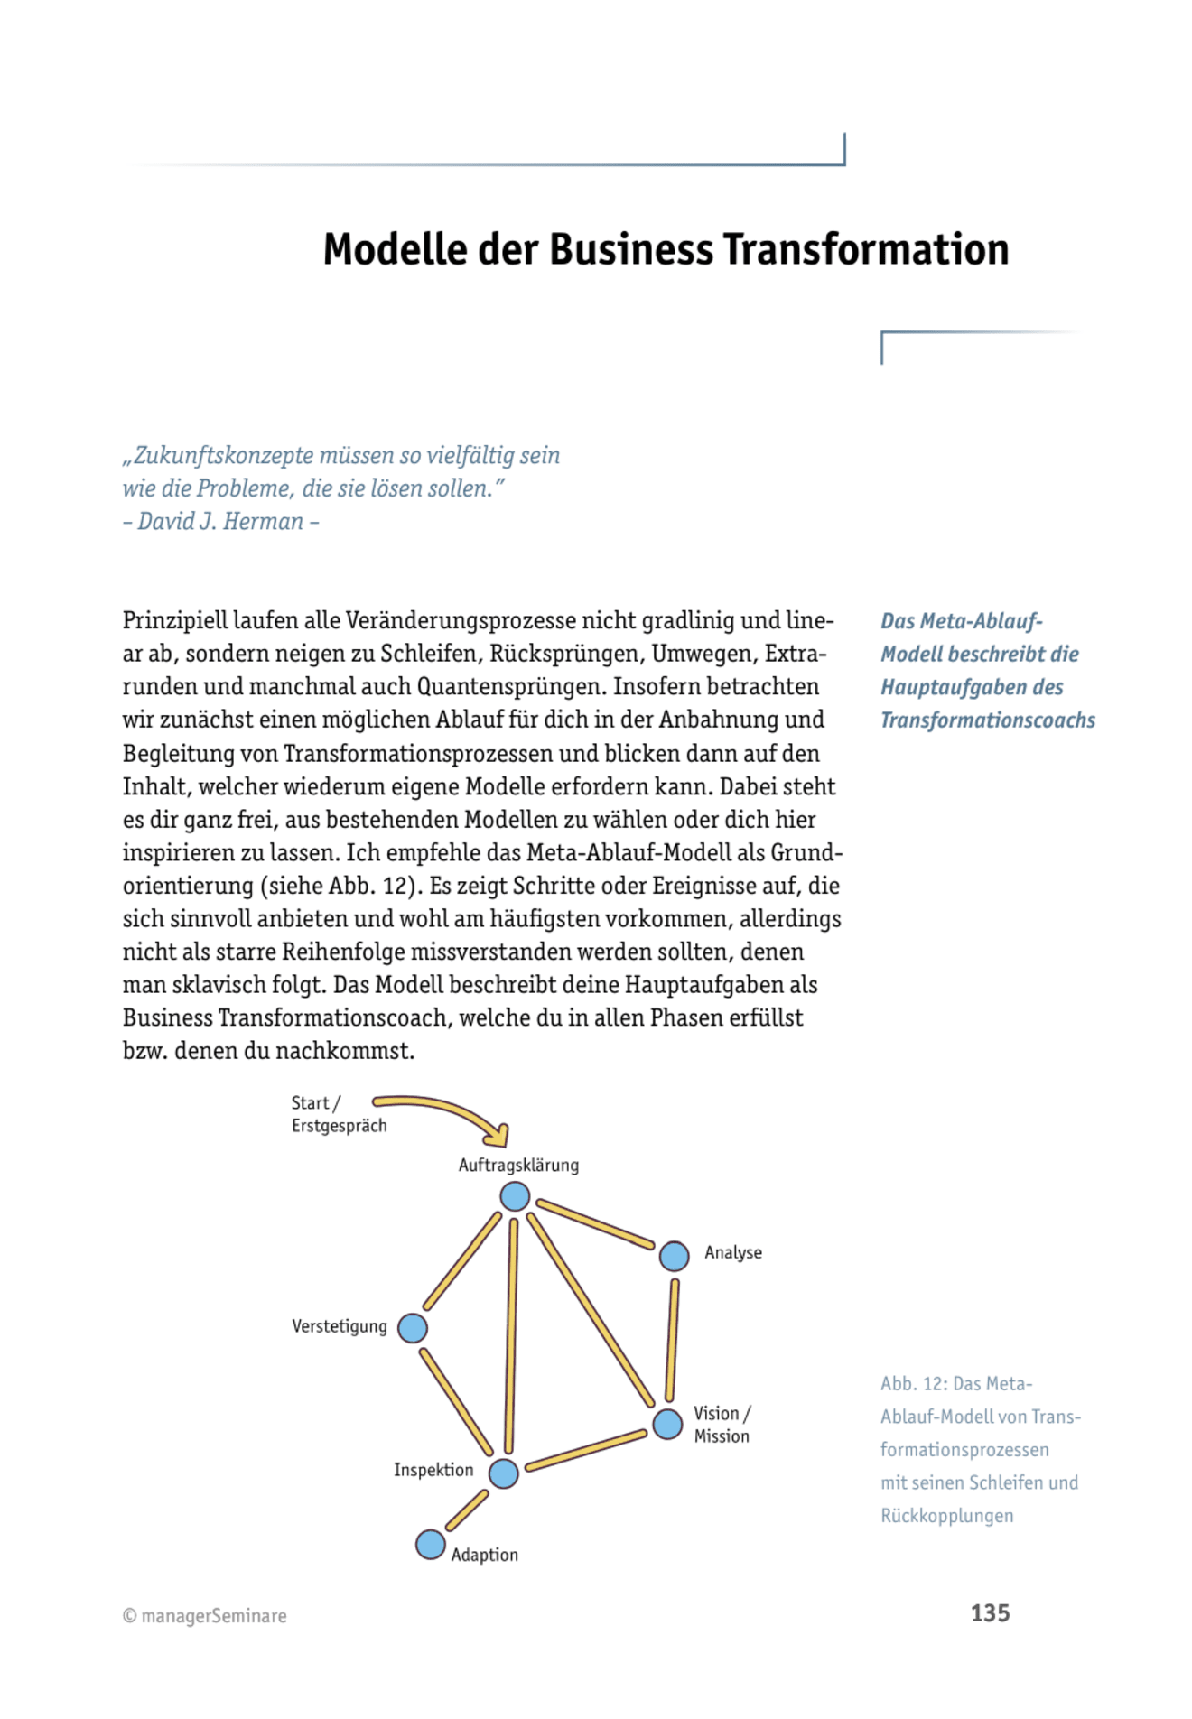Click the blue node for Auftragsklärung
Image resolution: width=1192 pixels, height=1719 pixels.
[x=515, y=1196]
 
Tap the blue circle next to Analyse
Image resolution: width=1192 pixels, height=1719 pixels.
[x=674, y=1256]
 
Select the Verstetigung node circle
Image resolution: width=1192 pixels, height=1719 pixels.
[x=413, y=1328]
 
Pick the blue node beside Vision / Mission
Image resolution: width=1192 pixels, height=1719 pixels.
[x=667, y=1424]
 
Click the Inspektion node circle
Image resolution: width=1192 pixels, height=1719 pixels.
[x=503, y=1473]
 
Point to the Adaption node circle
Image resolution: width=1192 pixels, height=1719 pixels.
[x=431, y=1545]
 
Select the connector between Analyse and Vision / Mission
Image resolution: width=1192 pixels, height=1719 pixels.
[x=672, y=1340]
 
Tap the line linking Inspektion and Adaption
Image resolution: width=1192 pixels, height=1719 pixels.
[x=467, y=1510]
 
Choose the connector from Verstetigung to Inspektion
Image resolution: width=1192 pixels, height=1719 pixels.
[x=456, y=1401]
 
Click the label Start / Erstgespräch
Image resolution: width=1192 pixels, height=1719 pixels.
[x=339, y=1114]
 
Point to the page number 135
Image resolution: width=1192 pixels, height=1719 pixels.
[x=990, y=1613]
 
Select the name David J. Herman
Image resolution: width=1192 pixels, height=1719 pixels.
[x=220, y=522]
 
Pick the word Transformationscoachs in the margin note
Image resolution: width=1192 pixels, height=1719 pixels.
[x=987, y=720]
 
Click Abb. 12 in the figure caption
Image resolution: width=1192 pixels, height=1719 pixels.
[x=912, y=1384]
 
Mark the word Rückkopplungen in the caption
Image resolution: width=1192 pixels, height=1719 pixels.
[x=946, y=1516]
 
